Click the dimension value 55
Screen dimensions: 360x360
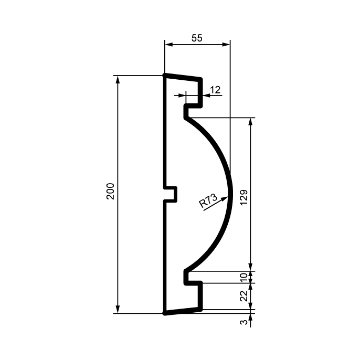(197, 38)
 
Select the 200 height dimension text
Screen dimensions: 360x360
(110, 191)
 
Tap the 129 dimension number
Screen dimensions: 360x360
(244, 197)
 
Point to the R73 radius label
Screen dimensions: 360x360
(208, 200)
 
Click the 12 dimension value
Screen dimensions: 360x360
(215, 90)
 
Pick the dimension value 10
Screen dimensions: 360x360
(244, 277)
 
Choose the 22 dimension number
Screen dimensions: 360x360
(244, 296)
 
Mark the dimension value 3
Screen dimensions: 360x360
(244, 322)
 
